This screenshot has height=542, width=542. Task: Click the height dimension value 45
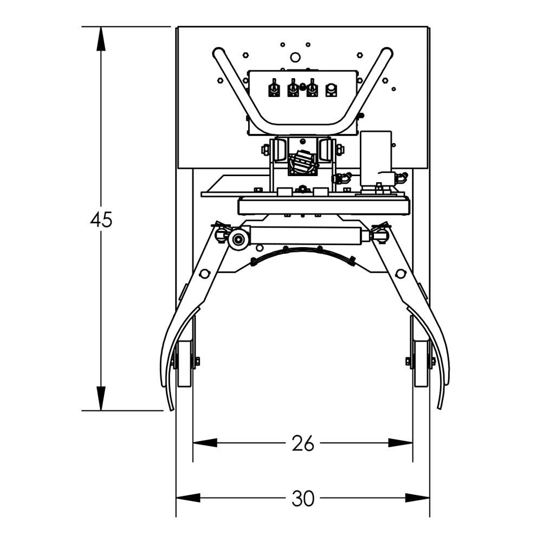point(101,220)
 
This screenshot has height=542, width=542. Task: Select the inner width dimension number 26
point(302,443)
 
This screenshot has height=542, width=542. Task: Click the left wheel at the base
point(184,363)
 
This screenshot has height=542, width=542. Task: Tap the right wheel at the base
point(421,363)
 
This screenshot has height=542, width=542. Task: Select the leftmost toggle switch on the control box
point(274,88)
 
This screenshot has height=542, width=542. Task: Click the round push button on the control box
point(331,89)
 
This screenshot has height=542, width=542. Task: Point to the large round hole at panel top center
point(295,57)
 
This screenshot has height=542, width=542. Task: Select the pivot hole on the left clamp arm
point(204,274)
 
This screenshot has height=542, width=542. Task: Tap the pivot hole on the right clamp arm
point(401,274)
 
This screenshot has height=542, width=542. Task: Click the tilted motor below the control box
point(302,162)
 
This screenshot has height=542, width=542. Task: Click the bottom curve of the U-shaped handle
point(302,128)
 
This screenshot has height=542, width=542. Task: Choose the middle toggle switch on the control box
point(293,88)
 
